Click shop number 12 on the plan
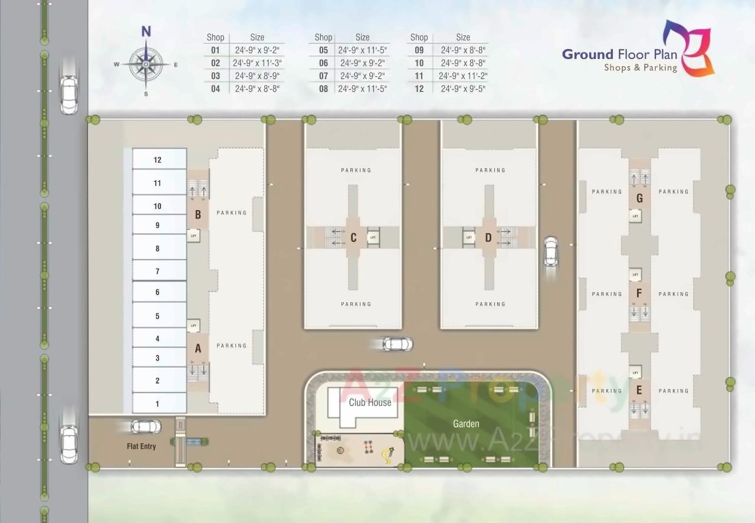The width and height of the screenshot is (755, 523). [157, 160]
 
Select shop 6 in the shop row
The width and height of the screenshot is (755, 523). [157, 292]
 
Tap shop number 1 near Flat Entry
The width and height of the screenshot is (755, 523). [157, 404]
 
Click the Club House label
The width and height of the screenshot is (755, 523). [370, 403]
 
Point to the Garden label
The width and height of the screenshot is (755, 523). [466, 424]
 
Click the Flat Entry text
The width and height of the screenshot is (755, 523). [142, 446]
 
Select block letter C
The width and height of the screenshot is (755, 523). [353, 238]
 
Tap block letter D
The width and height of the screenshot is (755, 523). [488, 238]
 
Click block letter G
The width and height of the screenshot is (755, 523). [639, 199]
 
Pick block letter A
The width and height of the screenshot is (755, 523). [198, 348]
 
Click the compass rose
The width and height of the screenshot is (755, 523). [146, 63]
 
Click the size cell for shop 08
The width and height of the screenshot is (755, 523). [362, 89]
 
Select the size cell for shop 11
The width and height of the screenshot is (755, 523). [463, 76]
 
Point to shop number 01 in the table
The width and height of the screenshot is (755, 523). [215, 50]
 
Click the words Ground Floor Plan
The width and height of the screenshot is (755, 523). [619, 54]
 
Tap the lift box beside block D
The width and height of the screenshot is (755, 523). [470, 238]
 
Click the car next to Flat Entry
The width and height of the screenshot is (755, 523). [145, 426]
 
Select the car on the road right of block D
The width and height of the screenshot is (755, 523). [551, 251]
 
